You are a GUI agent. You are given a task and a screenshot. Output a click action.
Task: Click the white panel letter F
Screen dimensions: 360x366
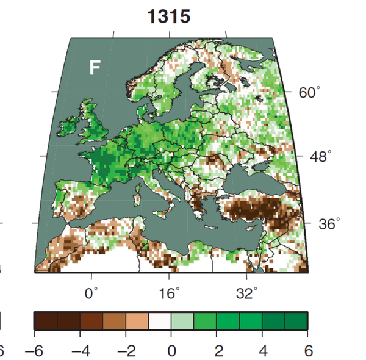coord(95,68)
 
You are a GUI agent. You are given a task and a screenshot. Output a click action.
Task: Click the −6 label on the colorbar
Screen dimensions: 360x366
coord(34,351)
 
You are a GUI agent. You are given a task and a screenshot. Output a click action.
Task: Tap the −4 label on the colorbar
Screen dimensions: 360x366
coord(80,351)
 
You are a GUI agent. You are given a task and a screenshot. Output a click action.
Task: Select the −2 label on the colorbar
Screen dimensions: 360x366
coord(126,351)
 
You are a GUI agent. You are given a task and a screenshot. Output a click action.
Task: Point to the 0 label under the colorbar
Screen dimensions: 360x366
coord(171,351)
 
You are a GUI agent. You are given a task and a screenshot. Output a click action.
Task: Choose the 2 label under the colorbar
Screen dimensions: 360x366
coord(217,351)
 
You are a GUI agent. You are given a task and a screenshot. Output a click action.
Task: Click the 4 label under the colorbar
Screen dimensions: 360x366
coord(263,351)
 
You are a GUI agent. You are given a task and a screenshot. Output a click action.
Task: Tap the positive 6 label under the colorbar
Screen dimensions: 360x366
coord(308,351)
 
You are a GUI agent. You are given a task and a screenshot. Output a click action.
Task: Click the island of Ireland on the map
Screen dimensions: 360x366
coord(68,128)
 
